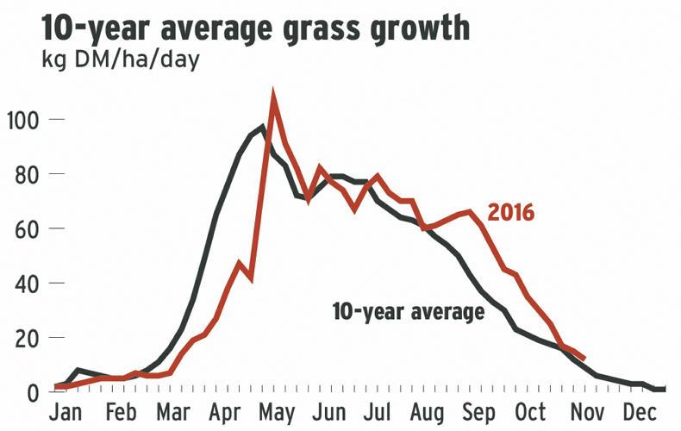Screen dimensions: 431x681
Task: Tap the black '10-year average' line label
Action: (x=408, y=311)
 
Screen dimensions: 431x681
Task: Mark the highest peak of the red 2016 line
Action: (x=273, y=96)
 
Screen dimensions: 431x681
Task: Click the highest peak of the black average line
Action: (x=262, y=128)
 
